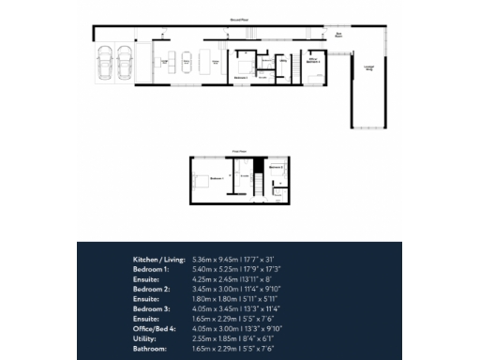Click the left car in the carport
pyautogui.click(x=104, y=66)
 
